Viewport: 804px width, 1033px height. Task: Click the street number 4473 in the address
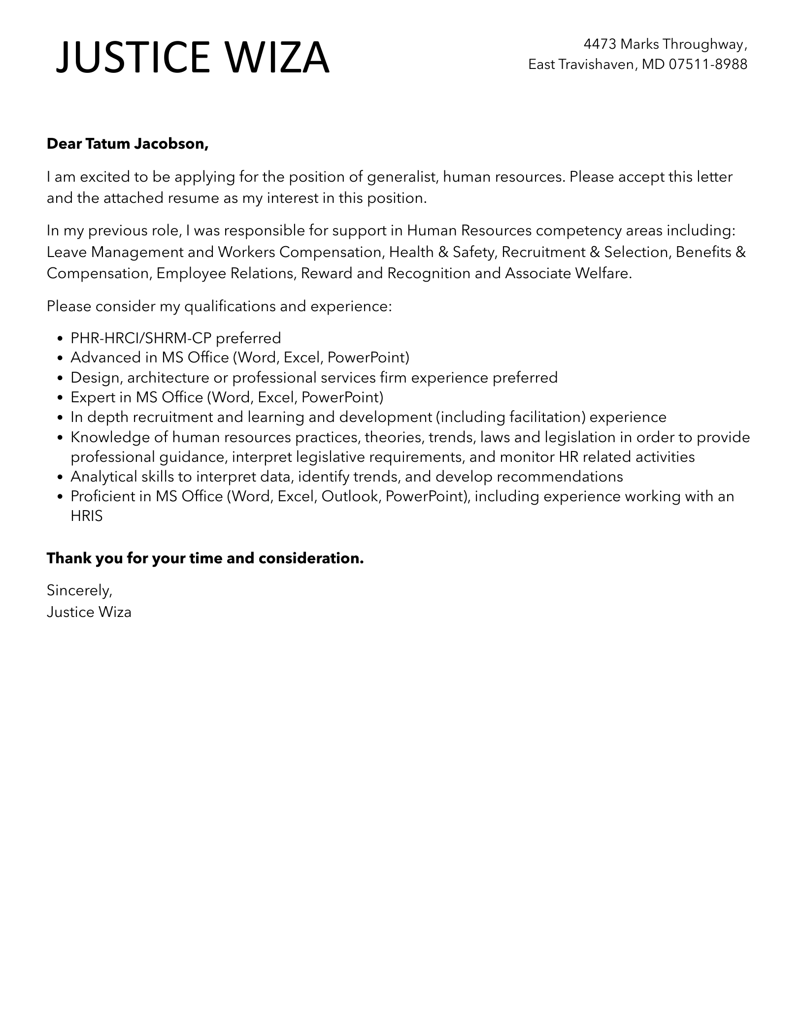click(600, 44)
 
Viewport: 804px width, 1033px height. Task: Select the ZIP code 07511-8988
click(708, 64)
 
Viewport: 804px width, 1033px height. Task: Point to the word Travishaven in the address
click(594, 64)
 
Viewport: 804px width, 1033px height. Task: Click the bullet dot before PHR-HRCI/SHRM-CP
click(60, 339)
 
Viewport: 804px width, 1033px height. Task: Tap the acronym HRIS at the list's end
click(87, 516)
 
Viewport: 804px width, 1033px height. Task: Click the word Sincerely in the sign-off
click(79, 590)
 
